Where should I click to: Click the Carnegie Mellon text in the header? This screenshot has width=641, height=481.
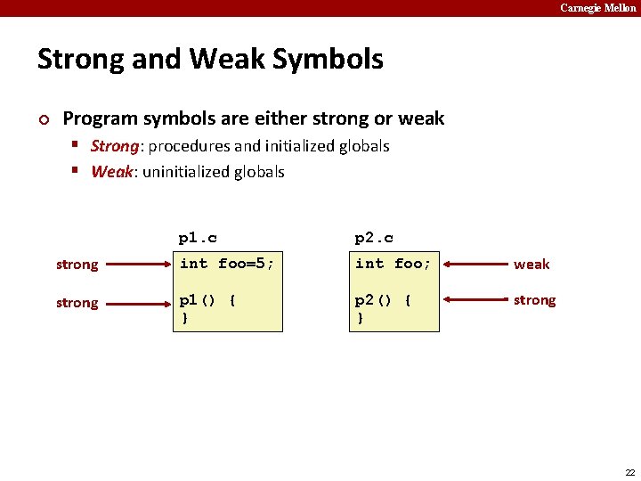[x=598, y=8]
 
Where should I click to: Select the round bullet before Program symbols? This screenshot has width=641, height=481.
[x=45, y=119]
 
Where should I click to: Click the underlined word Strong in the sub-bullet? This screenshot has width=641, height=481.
[x=115, y=146]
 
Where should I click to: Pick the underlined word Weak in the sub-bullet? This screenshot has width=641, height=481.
[x=111, y=172]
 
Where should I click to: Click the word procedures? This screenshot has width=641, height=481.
[x=187, y=146]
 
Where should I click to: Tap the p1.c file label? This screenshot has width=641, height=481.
[x=198, y=238]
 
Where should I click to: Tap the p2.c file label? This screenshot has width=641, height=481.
[x=374, y=238]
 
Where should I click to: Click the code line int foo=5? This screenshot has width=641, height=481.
[x=227, y=263]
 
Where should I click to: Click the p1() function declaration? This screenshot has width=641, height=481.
[x=207, y=301]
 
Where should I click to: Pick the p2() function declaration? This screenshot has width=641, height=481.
[x=384, y=301]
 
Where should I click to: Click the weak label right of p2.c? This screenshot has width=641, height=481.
[x=531, y=265]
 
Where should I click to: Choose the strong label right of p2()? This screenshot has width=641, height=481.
[x=534, y=300]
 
